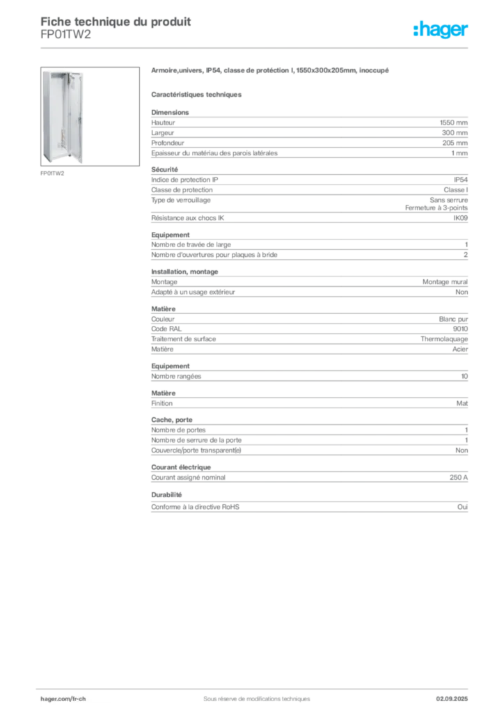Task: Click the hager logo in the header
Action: (441, 29)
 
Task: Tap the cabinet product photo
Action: (90, 116)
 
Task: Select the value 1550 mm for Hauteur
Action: (454, 123)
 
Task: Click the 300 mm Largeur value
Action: (455, 133)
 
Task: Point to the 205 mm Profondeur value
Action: (455, 143)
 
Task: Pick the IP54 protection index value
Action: (460, 180)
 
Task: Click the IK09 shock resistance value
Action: (460, 218)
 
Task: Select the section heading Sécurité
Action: (164, 170)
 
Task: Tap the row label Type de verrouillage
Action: (181, 200)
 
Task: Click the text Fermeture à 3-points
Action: (436, 207)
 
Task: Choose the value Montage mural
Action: (445, 282)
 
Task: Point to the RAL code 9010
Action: (460, 329)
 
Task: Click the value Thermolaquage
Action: (444, 339)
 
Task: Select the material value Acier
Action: (460, 350)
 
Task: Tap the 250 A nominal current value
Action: (459, 478)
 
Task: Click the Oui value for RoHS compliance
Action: (462, 507)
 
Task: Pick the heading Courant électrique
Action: (181, 467)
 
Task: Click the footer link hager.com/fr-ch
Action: (63, 699)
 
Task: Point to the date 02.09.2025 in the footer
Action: (452, 699)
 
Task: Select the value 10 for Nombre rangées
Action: (464, 377)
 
